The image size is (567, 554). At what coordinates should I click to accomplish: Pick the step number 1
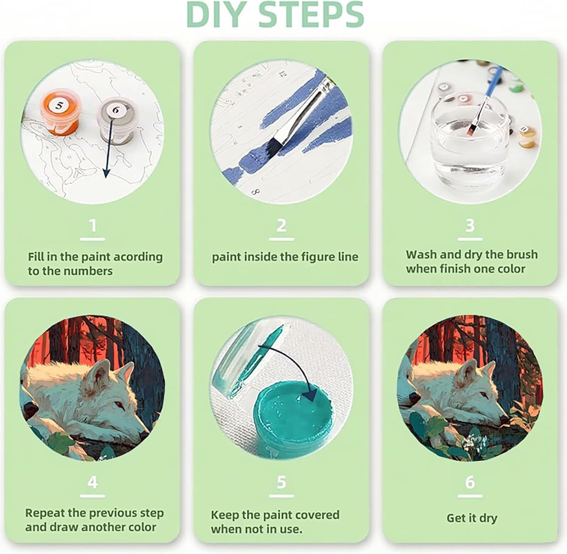(x=93, y=226)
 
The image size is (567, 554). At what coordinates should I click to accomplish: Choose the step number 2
(x=281, y=226)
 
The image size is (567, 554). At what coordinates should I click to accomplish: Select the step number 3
(x=470, y=226)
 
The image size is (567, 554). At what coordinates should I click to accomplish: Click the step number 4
(x=93, y=482)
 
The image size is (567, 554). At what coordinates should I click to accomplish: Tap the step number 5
(x=281, y=482)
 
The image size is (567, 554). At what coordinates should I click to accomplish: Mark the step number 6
(x=470, y=482)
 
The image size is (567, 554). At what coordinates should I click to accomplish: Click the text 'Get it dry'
(x=471, y=518)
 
